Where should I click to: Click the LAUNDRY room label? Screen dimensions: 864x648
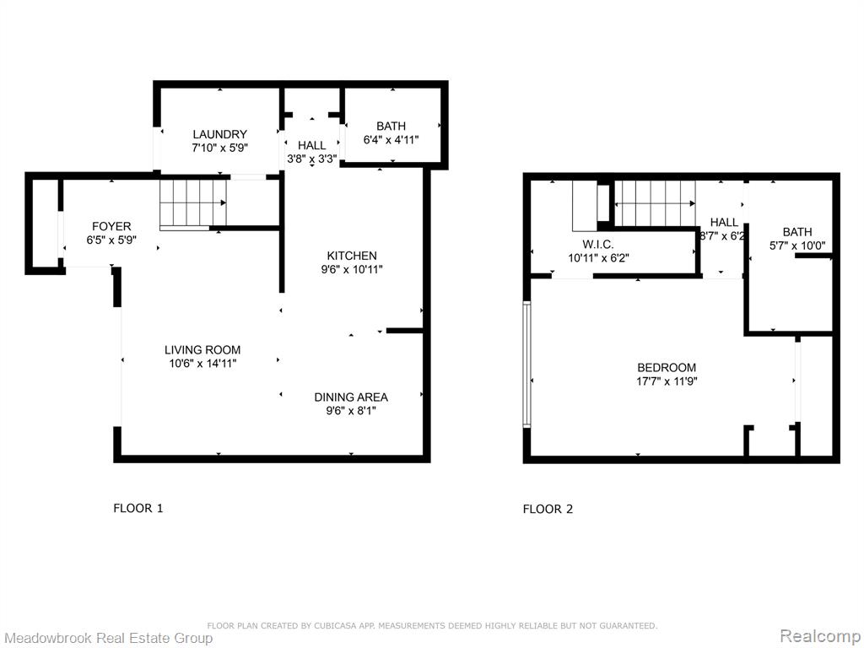(x=220, y=134)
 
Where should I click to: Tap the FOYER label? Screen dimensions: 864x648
(x=111, y=226)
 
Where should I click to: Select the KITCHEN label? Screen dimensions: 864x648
(x=352, y=256)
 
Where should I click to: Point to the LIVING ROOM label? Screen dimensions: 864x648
(x=202, y=350)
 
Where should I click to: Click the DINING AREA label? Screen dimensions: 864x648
(x=351, y=397)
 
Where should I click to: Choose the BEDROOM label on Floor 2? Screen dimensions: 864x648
(x=667, y=368)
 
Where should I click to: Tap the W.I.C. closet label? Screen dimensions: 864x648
(x=598, y=244)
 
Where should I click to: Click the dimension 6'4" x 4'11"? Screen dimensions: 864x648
(x=391, y=140)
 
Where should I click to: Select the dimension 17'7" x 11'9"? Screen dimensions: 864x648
(x=667, y=381)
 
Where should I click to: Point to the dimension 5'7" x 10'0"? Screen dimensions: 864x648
(x=797, y=246)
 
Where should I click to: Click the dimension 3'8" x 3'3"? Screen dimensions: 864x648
(x=312, y=159)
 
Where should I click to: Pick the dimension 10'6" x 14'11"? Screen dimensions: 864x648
(x=202, y=364)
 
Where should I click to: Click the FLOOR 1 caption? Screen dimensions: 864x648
(x=138, y=508)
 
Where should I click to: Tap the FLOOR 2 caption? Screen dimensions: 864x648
(x=548, y=509)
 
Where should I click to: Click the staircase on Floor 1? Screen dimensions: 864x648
(x=193, y=203)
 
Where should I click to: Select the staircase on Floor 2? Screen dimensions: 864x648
(x=655, y=203)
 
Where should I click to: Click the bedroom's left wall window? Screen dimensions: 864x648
(x=526, y=364)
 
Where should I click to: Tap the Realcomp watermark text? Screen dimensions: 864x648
(x=819, y=636)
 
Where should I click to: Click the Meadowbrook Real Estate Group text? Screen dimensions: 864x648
(x=108, y=638)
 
